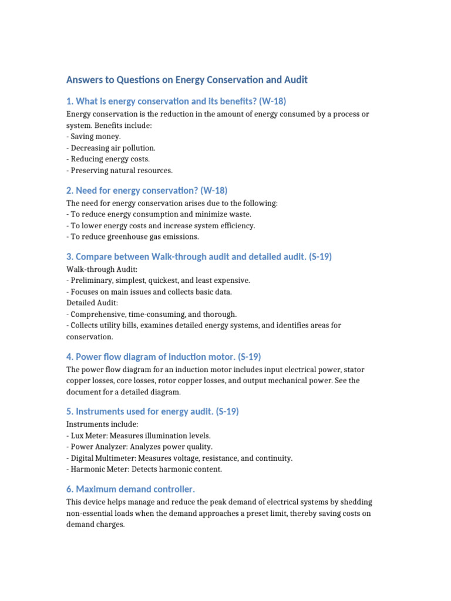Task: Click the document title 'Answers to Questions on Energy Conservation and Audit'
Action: coord(187,79)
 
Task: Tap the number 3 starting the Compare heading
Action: coord(69,256)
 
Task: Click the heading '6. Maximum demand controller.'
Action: coord(130,489)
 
